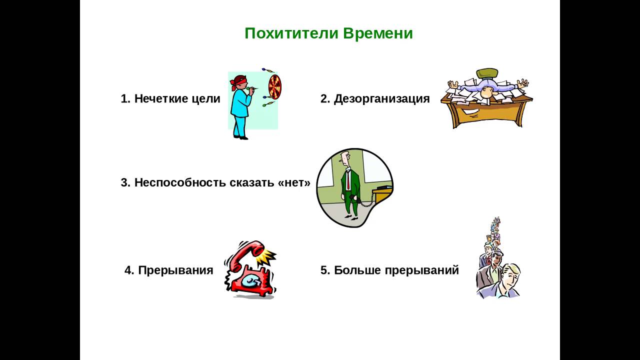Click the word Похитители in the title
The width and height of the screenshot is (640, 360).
[x=291, y=33]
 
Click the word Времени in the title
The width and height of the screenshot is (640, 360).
[x=378, y=33]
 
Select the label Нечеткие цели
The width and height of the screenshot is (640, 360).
[x=177, y=98]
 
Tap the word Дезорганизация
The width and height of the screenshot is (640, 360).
[x=381, y=99]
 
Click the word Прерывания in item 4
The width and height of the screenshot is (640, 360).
[x=175, y=270]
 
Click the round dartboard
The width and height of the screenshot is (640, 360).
[x=275, y=87]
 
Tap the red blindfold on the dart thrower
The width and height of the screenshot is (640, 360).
[x=237, y=81]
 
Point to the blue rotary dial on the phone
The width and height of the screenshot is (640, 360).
[x=251, y=281]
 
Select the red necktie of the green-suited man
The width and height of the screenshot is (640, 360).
[x=348, y=180]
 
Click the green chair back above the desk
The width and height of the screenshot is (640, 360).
[x=487, y=73]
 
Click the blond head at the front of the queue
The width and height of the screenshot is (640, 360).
[x=510, y=275]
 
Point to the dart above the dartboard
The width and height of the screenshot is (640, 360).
[x=268, y=70]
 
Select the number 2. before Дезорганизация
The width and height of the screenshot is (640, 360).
[x=325, y=98]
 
